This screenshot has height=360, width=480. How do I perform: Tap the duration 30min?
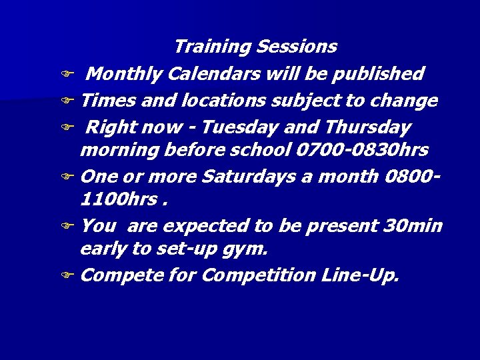[x=413, y=225]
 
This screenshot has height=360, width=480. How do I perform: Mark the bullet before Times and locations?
[x=67, y=101]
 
